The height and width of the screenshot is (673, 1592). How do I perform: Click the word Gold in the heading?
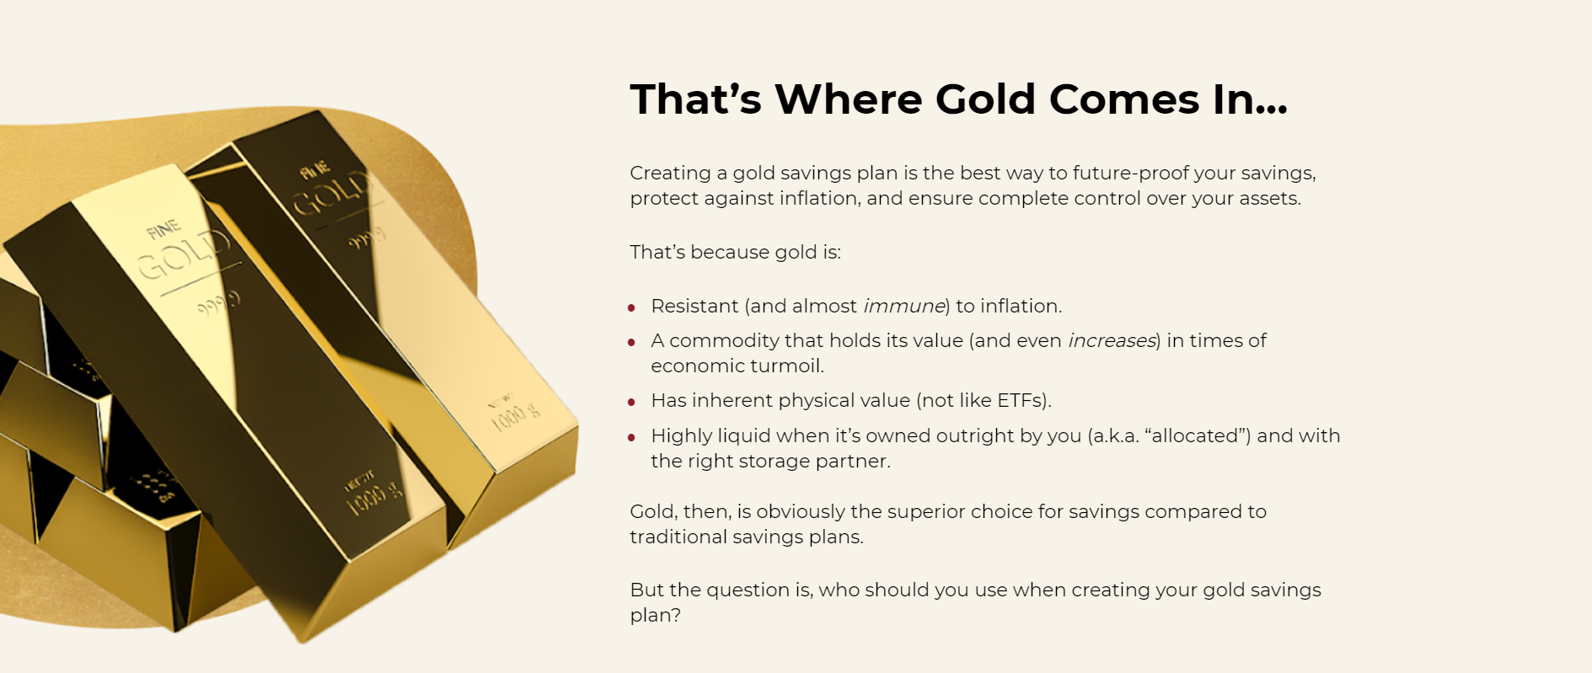pos(985,99)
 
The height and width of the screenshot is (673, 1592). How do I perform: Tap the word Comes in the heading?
pos(1124,99)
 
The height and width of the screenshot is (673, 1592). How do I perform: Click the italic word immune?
pos(903,306)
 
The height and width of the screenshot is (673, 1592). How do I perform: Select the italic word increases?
pos(1112,340)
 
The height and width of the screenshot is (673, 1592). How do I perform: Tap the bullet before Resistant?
pos(631,307)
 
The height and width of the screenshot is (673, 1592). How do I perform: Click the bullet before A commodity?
pos(631,342)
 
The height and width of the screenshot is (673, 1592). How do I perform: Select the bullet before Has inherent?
pos(631,402)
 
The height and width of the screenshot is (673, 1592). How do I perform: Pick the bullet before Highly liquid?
pos(631,437)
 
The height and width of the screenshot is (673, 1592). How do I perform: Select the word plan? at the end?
pos(656,616)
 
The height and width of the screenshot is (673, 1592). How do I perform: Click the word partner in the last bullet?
pos(855,462)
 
